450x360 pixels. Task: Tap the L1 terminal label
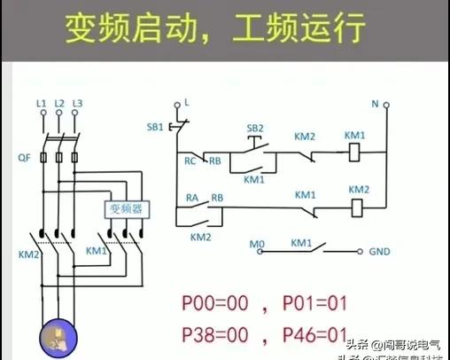(41, 104)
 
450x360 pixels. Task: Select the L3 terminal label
(77, 104)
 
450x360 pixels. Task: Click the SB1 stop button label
(154, 127)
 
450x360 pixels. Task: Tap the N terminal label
(374, 104)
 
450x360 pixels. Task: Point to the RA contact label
(191, 198)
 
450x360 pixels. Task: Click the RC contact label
(190, 160)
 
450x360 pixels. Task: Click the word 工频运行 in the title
(306, 29)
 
